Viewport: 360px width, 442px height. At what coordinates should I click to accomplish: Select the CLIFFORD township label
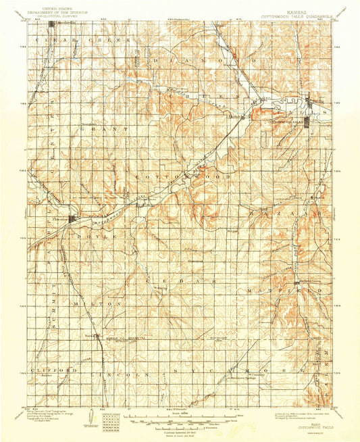click(x=49, y=370)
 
